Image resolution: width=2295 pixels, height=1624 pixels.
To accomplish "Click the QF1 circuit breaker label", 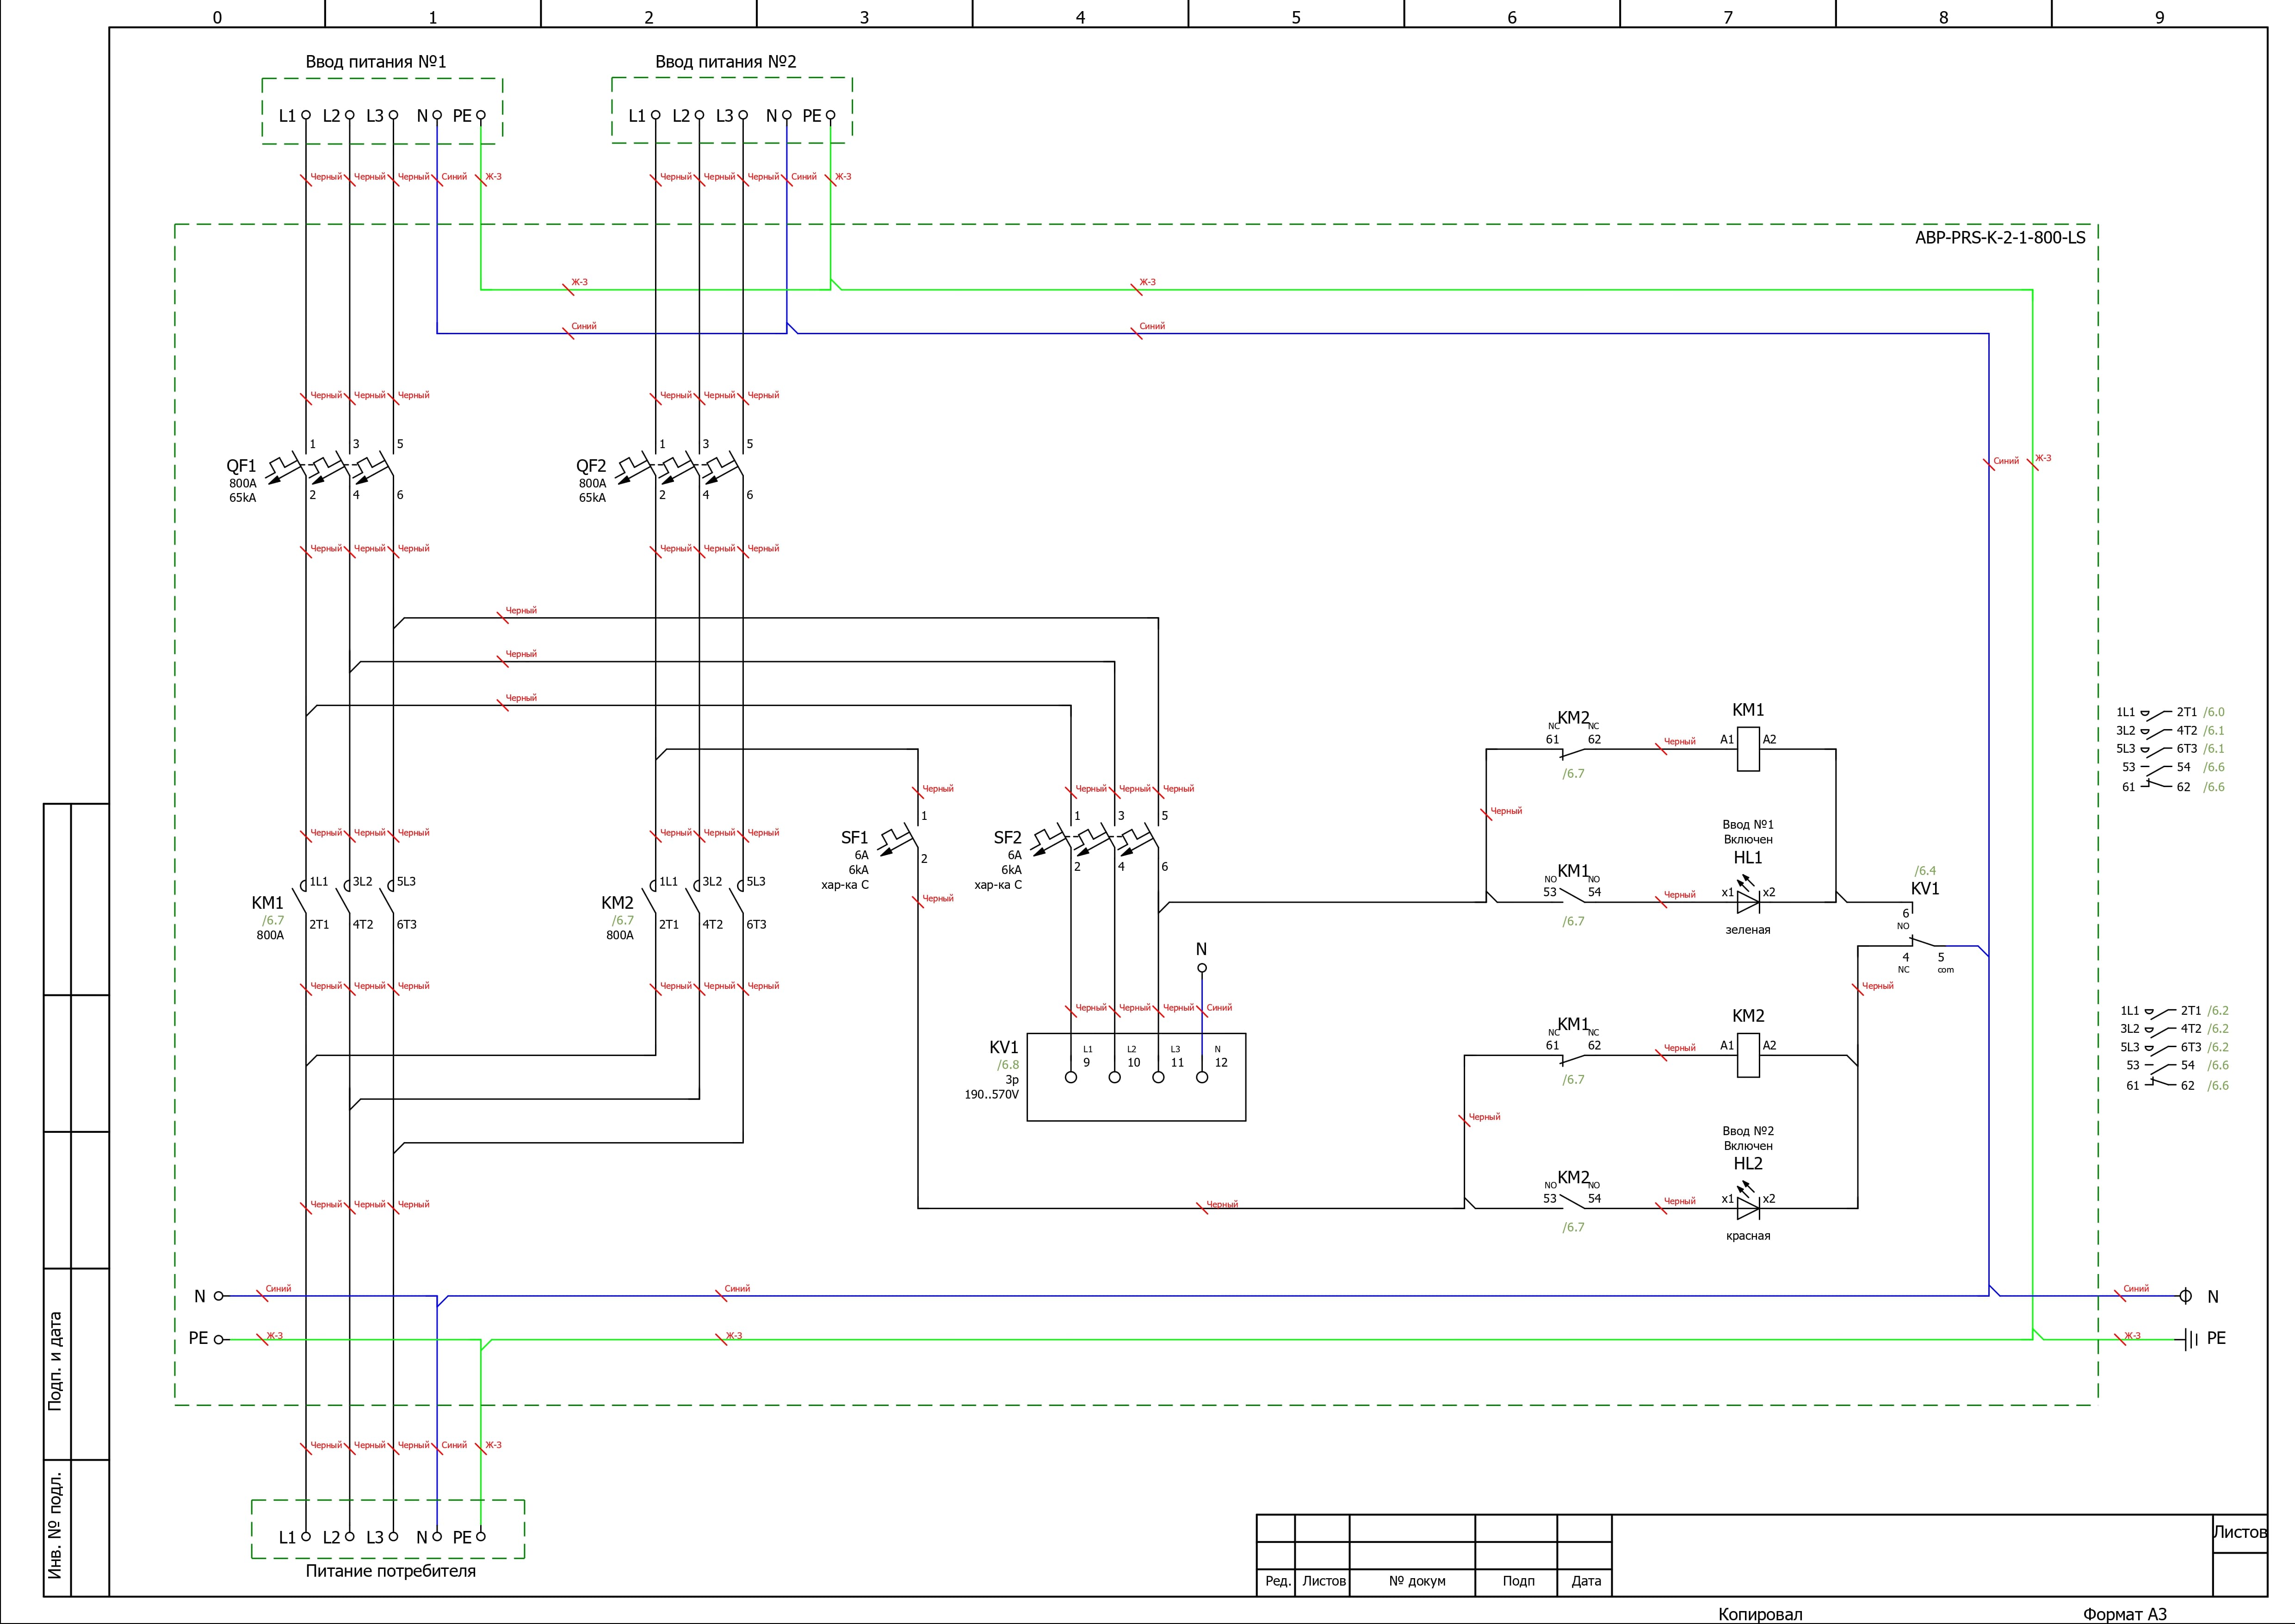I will point(241,466).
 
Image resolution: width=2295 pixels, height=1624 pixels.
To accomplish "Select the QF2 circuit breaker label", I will point(591,466).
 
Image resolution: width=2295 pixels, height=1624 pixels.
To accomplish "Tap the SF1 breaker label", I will point(854,838).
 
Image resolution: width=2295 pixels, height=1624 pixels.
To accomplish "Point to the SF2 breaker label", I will point(1008,838).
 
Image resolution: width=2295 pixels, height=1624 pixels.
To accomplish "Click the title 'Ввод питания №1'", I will point(376,62).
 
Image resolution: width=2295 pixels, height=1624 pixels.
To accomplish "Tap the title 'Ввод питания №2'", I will point(726,62).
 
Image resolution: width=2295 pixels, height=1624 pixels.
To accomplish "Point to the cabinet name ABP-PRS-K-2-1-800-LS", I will point(2000,238).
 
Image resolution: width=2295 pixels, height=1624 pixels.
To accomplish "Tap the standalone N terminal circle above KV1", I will point(1202,968).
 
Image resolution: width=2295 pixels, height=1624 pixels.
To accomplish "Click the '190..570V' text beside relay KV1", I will point(991,1095).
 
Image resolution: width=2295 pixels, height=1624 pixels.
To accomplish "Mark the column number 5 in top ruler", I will point(1296,17).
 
